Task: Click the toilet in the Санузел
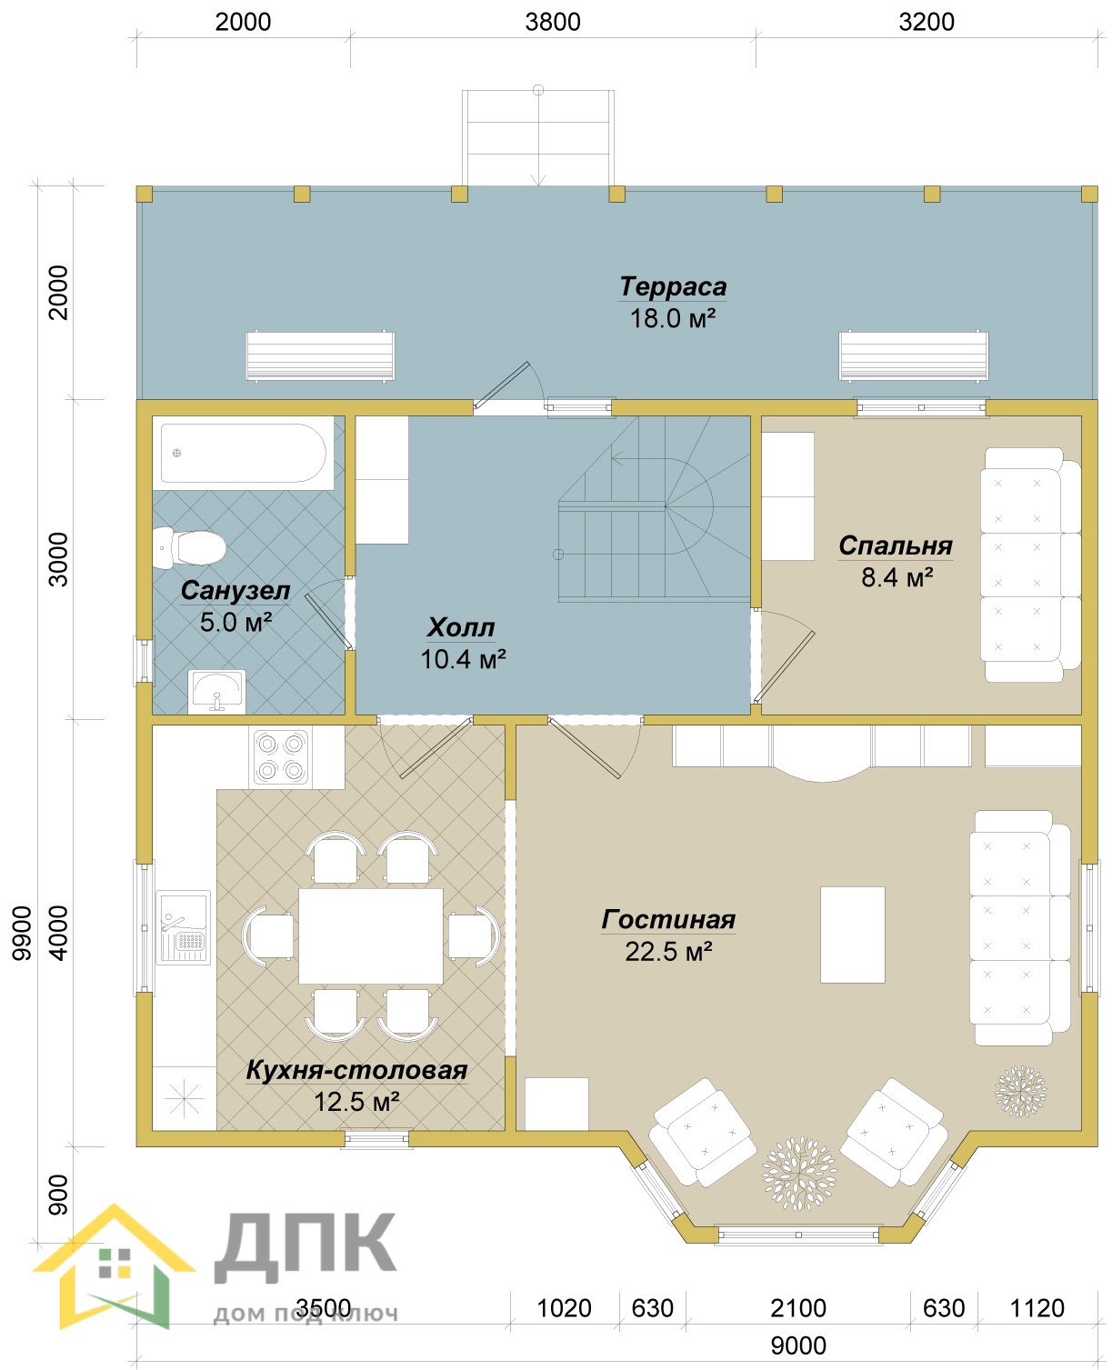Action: [189, 547]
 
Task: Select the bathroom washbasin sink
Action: [216, 691]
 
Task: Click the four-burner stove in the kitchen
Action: [280, 757]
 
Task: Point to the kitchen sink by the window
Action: [184, 926]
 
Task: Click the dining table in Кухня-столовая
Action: [370, 935]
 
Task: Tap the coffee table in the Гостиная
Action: [852, 935]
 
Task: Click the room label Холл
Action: [460, 627]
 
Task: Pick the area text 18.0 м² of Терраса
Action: [672, 318]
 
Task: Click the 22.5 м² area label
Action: [668, 951]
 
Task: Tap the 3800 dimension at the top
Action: [553, 23]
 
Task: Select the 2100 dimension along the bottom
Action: [797, 1307]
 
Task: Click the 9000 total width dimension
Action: [797, 1345]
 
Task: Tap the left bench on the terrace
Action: [320, 355]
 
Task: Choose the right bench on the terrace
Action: [913, 355]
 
